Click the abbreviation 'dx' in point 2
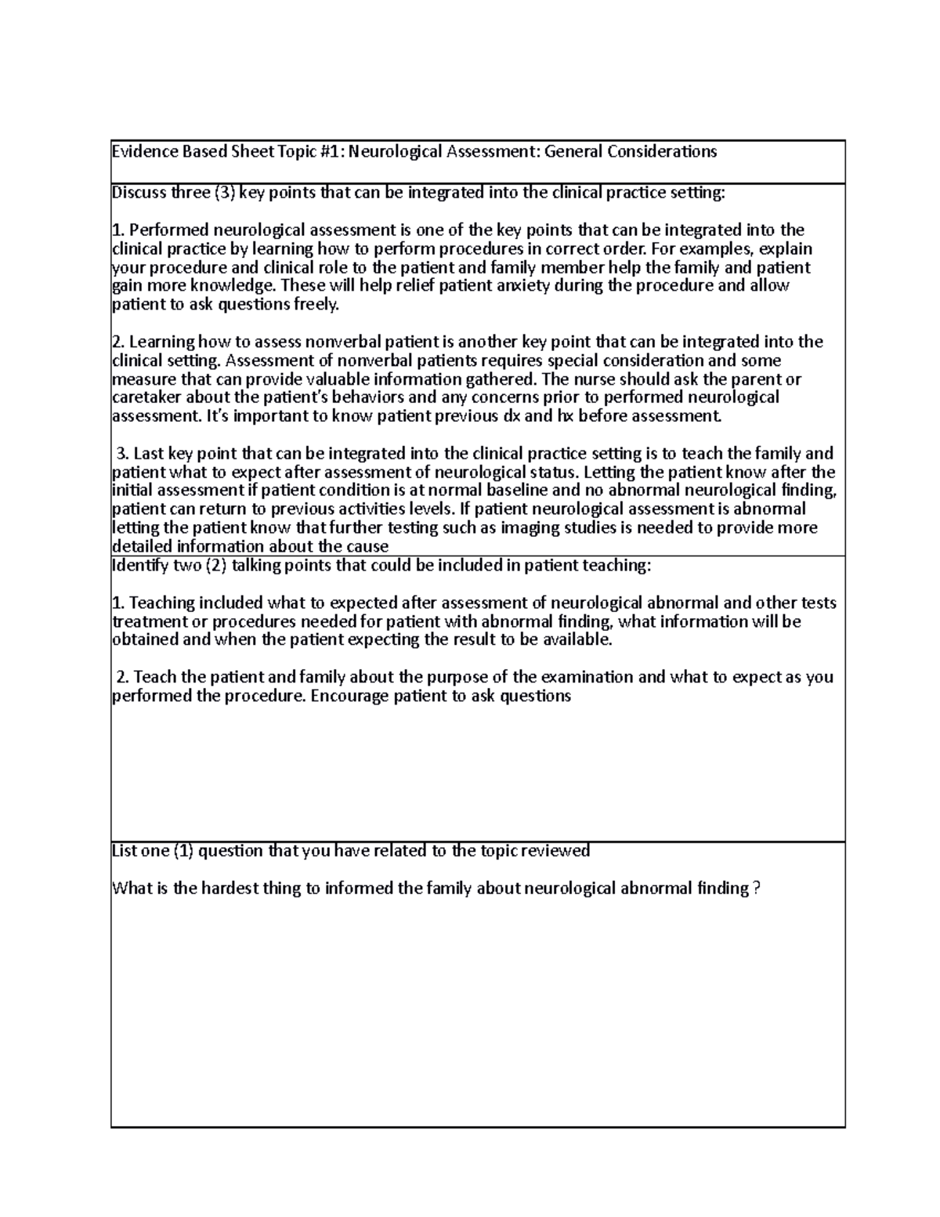tap(509, 416)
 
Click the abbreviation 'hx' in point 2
tap(566, 416)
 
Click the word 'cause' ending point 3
tap(367, 547)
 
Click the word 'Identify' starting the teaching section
tap(139, 566)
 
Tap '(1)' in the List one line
tap(182, 851)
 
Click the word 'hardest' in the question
tap(232, 889)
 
